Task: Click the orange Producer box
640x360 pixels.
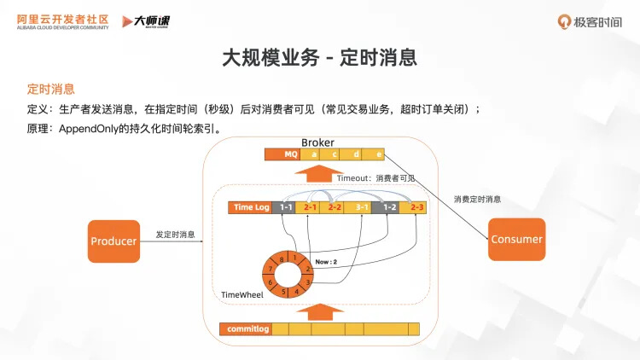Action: pos(113,241)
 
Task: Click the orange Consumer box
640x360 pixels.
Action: pos(516,239)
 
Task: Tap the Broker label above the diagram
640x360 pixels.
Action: pos(317,142)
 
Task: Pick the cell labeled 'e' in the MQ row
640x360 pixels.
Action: pos(378,154)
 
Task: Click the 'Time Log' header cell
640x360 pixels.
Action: pos(252,207)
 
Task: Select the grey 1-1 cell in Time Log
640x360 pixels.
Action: pos(286,207)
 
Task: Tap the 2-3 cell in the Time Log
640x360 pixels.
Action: pos(416,207)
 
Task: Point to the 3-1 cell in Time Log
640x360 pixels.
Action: pos(361,207)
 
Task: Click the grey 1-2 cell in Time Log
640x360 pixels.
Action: pos(389,207)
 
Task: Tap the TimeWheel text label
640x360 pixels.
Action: pos(242,294)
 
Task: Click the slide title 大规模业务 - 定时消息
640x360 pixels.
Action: pos(319,58)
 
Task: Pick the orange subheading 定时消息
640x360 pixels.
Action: pos(50,88)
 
